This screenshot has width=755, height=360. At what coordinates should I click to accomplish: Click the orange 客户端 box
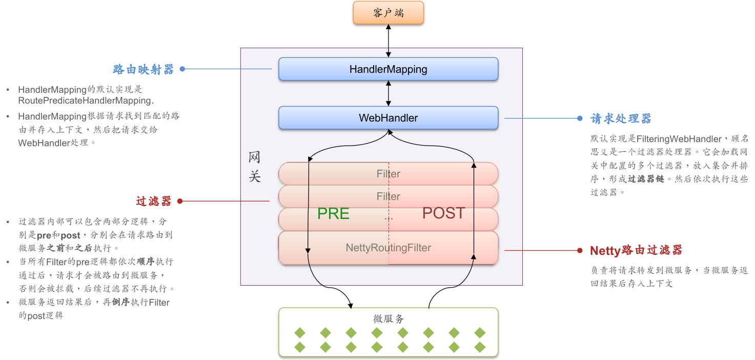click(388, 13)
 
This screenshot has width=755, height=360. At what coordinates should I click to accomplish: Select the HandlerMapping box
click(388, 69)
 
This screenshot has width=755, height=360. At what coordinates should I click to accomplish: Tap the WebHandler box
click(388, 118)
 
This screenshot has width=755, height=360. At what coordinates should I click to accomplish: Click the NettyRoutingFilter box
click(388, 248)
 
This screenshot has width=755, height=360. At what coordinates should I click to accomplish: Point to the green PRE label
click(333, 214)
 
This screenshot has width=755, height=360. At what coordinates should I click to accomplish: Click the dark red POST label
click(443, 213)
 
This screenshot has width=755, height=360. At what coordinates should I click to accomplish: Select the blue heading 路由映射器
click(144, 69)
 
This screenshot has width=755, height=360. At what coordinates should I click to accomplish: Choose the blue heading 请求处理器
click(621, 119)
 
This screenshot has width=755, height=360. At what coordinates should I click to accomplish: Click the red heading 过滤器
click(153, 202)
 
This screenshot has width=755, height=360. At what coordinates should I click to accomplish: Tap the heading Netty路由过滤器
click(636, 251)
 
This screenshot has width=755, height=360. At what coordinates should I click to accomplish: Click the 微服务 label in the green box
click(388, 319)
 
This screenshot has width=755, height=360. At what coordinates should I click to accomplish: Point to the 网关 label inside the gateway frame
click(254, 167)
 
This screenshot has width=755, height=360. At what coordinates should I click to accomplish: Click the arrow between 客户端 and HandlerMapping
click(389, 41)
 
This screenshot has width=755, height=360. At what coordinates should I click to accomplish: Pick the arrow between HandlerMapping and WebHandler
click(389, 93)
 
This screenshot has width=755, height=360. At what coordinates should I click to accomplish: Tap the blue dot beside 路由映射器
click(182, 69)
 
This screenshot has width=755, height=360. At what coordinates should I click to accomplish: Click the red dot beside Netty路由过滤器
click(580, 251)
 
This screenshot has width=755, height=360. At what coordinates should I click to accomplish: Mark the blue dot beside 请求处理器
click(580, 118)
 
